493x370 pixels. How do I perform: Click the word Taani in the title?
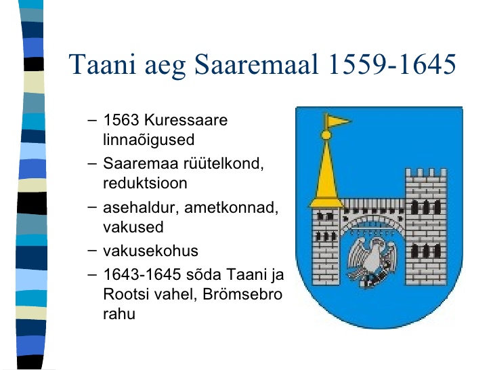[x=102, y=64]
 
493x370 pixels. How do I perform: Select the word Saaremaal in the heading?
[x=256, y=64]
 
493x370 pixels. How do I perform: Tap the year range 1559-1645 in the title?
[x=392, y=64]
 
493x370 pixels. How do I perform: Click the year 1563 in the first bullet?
[x=121, y=120]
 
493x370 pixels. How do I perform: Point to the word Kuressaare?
[x=186, y=120]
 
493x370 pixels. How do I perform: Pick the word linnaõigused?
[x=149, y=140]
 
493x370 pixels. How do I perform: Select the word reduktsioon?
[x=145, y=183]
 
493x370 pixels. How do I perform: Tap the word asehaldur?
[x=141, y=207]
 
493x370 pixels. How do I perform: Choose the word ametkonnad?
[x=231, y=207]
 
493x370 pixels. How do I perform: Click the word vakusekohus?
[x=150, y=251]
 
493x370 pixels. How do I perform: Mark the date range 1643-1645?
[x=142, y=274]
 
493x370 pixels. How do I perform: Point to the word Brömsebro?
[x=242, y=295]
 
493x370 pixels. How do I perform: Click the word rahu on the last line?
[x=119, y=314]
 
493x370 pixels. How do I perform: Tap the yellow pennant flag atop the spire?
[x=337, y=121]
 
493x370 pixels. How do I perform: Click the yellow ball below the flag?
[x=326, y=136]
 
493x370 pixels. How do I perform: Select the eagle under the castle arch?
[x=372, y=262]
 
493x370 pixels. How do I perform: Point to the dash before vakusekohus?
[x=92, y=251]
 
